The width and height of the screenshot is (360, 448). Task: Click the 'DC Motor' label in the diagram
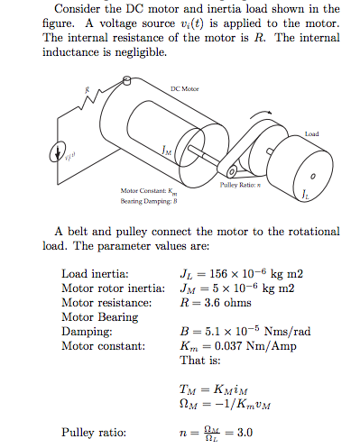pyautogui.click(x=183, y=88)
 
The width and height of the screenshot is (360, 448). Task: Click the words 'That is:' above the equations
pyautogui.click(x=203, y=360)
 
